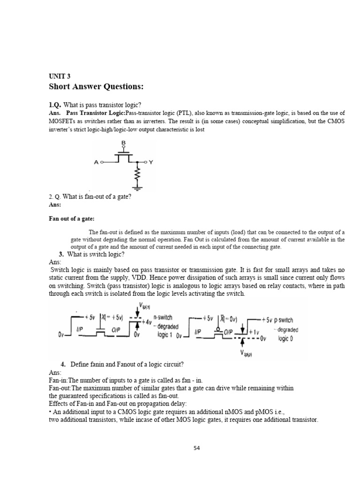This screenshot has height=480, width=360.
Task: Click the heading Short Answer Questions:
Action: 96,87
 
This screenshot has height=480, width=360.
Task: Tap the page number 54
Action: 197,448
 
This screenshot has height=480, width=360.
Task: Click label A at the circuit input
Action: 96,162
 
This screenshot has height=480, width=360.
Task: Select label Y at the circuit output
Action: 151,162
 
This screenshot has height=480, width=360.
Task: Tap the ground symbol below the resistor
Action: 137,189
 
